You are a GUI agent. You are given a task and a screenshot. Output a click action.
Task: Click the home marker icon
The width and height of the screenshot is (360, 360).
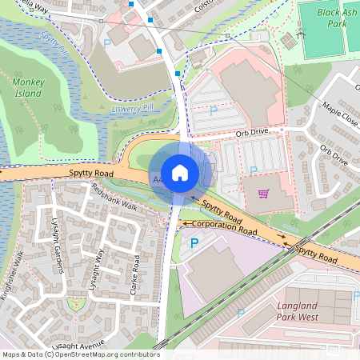pyautogui.click(x=180, y=172)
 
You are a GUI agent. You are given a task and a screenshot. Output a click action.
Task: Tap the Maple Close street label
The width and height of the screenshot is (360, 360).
pyautogui.click(x=340, y=113)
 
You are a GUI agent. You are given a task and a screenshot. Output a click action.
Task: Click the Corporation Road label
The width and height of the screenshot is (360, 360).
pyautogui.click(x=225, y=225)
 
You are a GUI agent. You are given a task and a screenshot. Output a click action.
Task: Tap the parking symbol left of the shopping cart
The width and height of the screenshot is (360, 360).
pyautogui.click(x=253, y=170)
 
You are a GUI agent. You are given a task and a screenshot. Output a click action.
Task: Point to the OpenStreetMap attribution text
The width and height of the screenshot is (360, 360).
pyautogui.click(x=80, y=354)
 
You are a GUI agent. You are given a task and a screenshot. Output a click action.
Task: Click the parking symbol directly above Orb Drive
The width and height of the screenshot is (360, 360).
pyautogui.click(x=213, y=111)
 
